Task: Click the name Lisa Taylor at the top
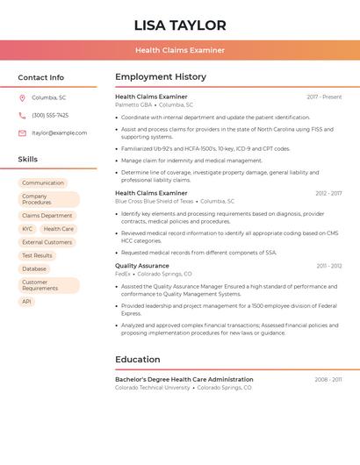click(180, 25)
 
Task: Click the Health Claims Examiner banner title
click(180, 50)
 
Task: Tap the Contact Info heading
click(41, 77)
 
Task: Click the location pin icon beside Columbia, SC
click(22, 97)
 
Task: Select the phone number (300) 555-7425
click(50, 115)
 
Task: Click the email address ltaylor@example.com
click(60, 132)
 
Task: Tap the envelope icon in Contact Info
click(22, 132)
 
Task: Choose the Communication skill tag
click(43, 182)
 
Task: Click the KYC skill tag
click(27, 229)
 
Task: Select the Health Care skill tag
click(59, 229)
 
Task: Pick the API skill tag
click(26, 301)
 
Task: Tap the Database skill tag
click(34, 268)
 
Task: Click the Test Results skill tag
click(37, 255)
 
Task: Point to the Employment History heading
click(161, 76)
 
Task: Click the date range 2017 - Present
click(324, 97)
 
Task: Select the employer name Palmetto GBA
click(133, 104)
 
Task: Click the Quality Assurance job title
click(142, 265)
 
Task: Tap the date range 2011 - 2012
click(329, 265)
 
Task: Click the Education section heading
click(137, 359)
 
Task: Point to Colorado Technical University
click(153, 387)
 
